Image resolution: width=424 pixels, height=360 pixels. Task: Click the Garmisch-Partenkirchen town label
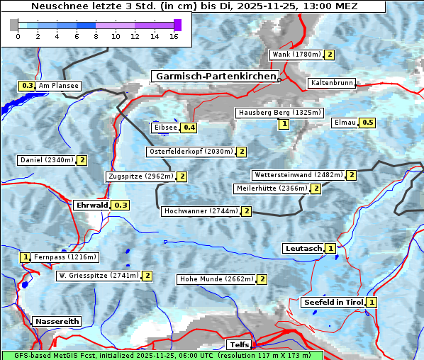(x=214, y=76)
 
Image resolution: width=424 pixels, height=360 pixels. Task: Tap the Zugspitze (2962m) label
(x=140, y=176)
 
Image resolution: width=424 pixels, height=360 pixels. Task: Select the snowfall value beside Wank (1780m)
(x=329, y=55)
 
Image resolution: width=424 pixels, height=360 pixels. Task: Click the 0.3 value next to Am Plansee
(x=27, y=86)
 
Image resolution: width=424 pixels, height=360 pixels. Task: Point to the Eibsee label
(x=164, y=128)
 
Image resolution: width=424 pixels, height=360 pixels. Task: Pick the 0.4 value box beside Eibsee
(x=189, y=128)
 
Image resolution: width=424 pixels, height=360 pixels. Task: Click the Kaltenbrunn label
(x=331, y=83)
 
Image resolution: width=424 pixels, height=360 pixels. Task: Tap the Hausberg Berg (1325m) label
(x=279, y=113)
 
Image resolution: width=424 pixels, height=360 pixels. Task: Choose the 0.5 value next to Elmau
(x=367, y=123)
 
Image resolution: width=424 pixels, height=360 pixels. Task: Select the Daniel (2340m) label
(x=46, y=160)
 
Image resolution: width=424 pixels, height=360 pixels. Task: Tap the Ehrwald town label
(x=91, y=205)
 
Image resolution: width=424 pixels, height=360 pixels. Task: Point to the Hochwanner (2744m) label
(x=200, y=211)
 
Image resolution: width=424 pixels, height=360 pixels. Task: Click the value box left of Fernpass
(x=26, y=257)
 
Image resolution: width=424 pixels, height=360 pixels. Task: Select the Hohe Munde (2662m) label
(x=216, y=279)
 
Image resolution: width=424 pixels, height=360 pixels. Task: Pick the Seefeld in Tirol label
(x=333, y=303)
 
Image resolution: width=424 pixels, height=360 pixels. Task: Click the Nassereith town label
(x=57, y=321)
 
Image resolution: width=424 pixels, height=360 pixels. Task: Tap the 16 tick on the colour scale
(x=174, y=36)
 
